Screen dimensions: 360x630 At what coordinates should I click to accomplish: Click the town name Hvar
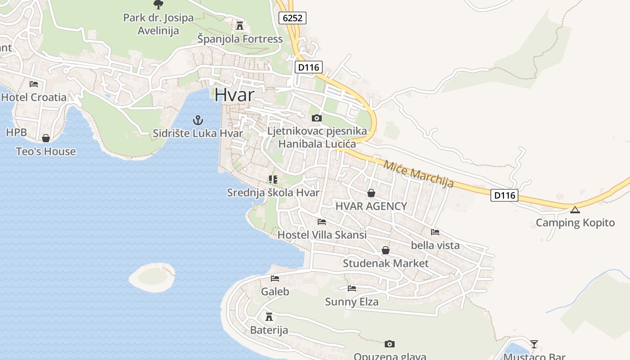click(234, 95)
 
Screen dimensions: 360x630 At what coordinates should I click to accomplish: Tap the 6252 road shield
click(292, 18)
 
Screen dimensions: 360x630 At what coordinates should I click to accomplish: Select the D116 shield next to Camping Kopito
click(504, 195)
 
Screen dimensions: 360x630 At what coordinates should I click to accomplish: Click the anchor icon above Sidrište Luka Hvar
click(198, 120)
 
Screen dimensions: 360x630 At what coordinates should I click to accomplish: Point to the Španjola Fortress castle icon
click(240, 26)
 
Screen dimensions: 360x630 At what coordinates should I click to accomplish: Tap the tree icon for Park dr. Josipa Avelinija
click(158, 4)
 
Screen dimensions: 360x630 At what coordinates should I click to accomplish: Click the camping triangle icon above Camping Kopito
click(575, 210)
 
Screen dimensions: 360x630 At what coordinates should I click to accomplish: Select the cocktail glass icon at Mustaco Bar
click(534, 344)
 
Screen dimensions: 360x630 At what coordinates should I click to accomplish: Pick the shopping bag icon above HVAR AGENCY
click(371, 193)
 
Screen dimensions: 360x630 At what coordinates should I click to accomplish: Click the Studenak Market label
click(386, 263)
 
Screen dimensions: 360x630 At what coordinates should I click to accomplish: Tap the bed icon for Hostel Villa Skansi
click(322, 222)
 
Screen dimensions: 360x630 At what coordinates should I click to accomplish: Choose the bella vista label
click(435, 245)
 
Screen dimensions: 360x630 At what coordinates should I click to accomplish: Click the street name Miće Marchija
click(418, 173)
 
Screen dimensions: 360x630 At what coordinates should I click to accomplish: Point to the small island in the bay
click(152, 277)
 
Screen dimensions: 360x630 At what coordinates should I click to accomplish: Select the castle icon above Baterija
click(269, 317)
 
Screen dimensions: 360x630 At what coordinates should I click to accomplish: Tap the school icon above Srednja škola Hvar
click(273, 180)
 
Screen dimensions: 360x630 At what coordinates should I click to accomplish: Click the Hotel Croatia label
click(34, 97)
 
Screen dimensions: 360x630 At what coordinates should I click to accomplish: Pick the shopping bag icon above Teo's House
click(46, 138)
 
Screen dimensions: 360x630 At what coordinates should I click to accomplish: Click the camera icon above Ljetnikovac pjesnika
click(317, 118)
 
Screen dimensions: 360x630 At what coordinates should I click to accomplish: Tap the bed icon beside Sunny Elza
click(352, 288)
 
